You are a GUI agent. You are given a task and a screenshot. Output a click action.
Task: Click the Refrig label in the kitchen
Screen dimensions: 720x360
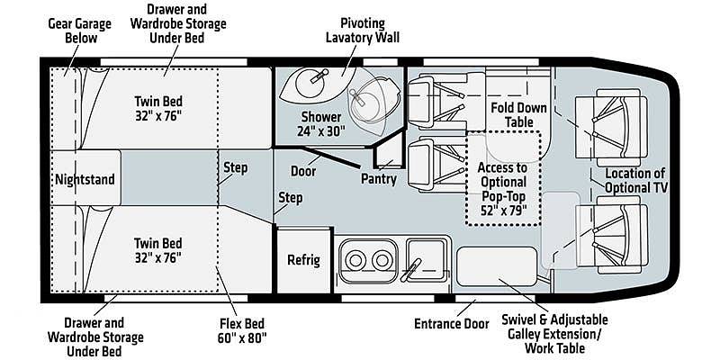coord(303,260)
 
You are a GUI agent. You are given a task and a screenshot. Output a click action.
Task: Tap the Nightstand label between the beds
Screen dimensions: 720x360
coord(85,179)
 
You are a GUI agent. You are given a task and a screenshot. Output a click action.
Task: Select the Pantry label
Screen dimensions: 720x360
coord(379,178)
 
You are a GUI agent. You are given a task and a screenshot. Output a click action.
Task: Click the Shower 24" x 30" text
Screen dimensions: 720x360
coord(321,124)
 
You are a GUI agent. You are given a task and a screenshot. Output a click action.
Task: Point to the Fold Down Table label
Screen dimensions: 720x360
coord(519,115)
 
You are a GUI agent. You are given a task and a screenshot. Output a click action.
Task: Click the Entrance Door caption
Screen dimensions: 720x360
coord(452,324)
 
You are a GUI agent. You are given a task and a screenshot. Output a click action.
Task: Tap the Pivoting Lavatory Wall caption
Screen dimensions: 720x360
coord(363,31)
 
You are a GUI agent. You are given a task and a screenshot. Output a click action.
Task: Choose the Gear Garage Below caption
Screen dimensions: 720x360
coord(80,31)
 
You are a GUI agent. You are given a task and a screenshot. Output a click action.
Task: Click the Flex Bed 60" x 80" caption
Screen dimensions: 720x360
coord(242,330)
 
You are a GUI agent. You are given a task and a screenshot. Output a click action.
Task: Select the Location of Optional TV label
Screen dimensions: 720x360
coord(635,181)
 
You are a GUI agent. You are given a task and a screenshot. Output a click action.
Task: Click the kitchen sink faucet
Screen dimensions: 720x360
coord(411,270)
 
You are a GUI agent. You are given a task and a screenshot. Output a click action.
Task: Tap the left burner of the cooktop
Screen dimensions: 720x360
coord(355,261)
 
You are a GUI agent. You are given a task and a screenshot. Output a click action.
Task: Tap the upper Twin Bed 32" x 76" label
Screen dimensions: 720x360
coord(158,108)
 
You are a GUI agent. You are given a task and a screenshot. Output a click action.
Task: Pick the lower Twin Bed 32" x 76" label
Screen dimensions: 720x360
coord(158,250)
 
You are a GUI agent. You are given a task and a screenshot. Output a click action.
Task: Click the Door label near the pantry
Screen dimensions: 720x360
coord(303,171)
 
